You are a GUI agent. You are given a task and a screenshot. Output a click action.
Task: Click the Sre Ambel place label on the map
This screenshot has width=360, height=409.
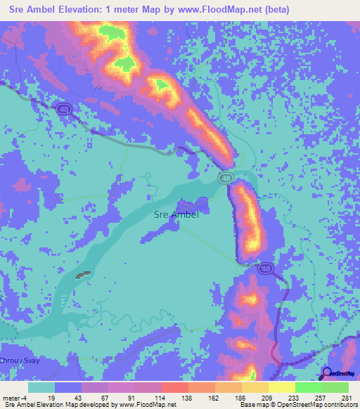(x=176, y=214)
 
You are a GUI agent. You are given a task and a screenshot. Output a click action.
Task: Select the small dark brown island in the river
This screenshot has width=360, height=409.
(x=83, y=275)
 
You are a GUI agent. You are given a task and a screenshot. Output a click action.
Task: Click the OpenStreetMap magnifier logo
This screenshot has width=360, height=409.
(x=327, y=373)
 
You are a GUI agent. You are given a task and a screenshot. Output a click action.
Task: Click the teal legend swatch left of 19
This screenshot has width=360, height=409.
(x=41, y=387)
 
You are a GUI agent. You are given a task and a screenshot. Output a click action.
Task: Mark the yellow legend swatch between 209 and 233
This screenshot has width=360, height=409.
(x=281, y=387)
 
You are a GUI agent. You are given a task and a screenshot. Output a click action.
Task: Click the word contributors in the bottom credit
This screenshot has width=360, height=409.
(x=340, y=405)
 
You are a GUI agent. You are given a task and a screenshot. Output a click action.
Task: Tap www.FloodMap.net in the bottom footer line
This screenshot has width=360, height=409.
(x=148, y=405)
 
